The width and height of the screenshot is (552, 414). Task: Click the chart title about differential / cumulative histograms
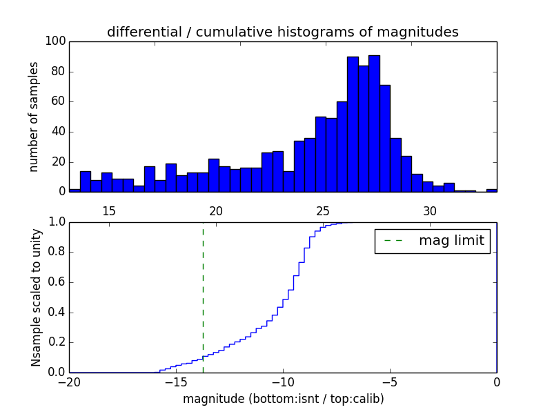[282, 32]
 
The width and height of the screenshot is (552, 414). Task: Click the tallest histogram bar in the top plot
[374, 124]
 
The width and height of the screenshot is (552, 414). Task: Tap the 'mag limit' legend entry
[432, 241]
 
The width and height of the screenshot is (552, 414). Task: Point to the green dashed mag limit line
[203, 290]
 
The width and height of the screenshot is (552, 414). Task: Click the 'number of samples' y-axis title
[34, 117]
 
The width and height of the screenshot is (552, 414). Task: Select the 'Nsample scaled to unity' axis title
[36, 297]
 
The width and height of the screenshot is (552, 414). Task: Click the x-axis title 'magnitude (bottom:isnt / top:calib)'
[283, 399]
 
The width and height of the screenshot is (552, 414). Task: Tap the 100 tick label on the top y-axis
[56, 41]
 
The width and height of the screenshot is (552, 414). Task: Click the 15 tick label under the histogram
[108, 211]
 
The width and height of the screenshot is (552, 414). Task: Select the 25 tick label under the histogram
[323, 211]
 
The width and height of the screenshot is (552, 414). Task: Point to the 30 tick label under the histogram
[430, 211]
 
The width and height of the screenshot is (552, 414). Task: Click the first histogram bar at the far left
[75, 190]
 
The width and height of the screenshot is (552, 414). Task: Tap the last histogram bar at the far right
[491, 190]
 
